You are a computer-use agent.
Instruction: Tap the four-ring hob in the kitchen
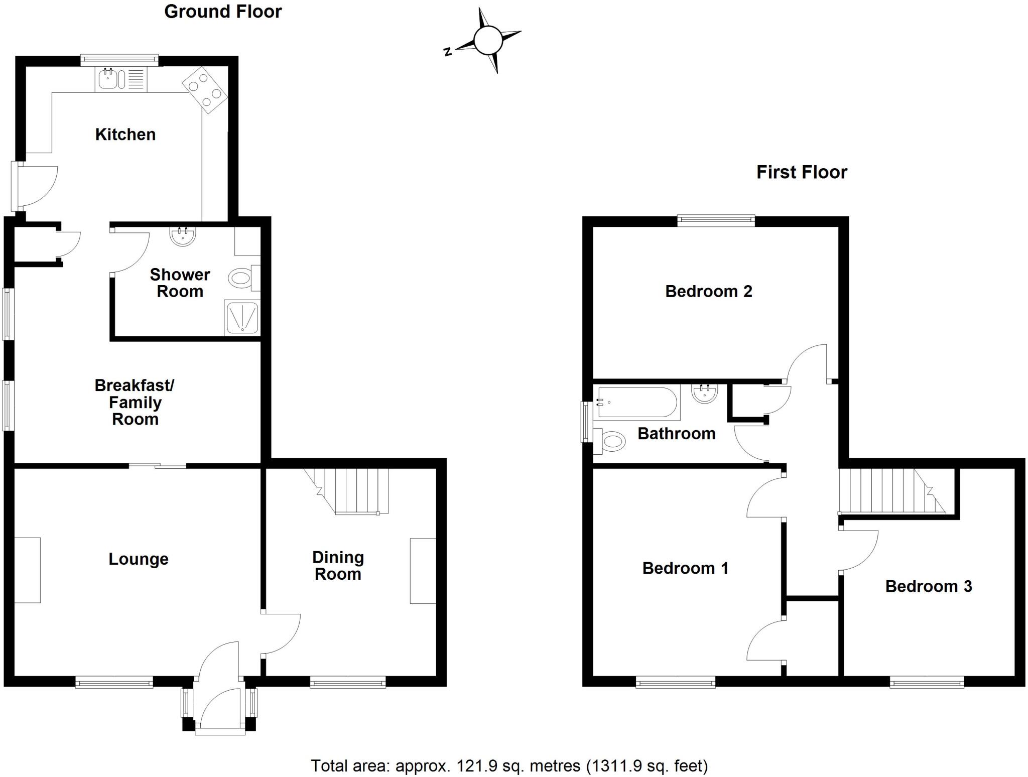pyautogui.click(x=204, y=89)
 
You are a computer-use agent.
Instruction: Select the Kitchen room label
pyautogui.click(x=125, y=135)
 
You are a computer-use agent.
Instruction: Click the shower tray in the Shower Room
pyautogui.click(x=242, y=317)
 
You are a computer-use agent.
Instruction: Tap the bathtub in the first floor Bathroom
pyautogui.click(x=636, y=403)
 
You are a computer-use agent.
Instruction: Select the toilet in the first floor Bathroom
pyautogui.click(x=611, y=442)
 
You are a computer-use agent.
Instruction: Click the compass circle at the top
pyautogui.click(x=487, y=40)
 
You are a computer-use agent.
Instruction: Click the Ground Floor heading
pyautogui.click(x=223, y=12)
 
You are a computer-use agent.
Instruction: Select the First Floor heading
pyautogui.click(x=802, y=172)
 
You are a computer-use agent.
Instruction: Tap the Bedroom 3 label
pyautogui.click(x=929, y=586)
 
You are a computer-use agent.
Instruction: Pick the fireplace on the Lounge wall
pyautogui.click(x=27, y=570)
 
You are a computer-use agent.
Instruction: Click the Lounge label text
pyautogui.click(x=139, y=559)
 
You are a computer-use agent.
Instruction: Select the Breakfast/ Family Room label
pyautogui.click(x=135, y=402)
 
